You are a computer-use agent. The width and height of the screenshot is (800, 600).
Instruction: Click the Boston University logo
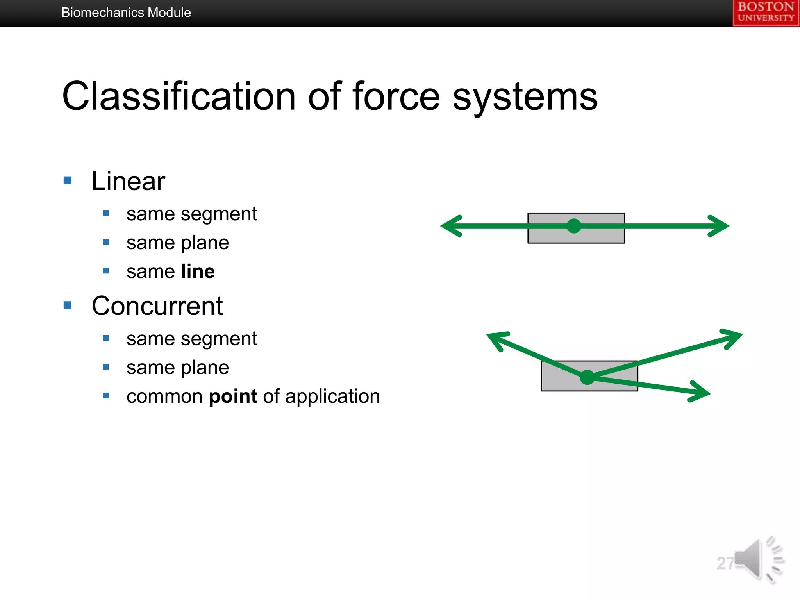tap(766, 13)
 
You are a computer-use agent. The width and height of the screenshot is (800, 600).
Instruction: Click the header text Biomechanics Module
tap(126, 12)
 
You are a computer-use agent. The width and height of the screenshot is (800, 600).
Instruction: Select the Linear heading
tap(128, 181)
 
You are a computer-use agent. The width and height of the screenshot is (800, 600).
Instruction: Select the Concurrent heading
tap(157, 306)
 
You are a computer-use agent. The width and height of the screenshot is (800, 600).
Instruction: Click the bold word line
tap(198, 271)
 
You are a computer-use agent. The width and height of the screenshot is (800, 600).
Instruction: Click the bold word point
tap(233, 396)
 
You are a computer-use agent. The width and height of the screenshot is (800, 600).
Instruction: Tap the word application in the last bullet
tap(332, 396)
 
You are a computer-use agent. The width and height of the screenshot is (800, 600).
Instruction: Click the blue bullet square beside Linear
tap(68, 180)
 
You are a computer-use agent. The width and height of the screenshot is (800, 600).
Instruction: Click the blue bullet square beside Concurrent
tap(68, 305)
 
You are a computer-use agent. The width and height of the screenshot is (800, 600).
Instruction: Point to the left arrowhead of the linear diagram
tap(449, 226)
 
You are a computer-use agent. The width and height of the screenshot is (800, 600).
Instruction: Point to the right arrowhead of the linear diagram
tap(721, 226)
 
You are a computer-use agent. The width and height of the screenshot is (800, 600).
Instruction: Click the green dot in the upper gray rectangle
tap(573, 226)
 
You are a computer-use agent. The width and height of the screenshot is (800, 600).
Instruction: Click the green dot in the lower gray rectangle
tap(587, 377)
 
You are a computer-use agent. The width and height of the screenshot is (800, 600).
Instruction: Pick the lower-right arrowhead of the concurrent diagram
tap(701, 392)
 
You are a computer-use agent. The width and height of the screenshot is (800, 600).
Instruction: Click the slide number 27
tap(725, 563)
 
